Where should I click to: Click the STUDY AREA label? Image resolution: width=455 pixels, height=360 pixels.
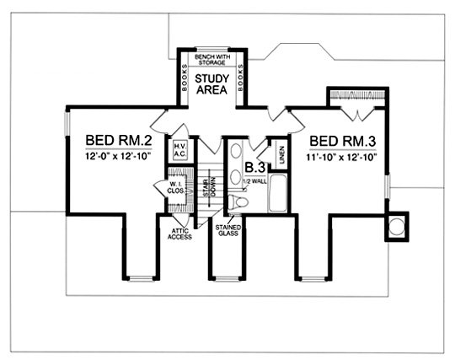[211, 84]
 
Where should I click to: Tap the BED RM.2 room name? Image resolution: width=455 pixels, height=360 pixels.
[119, 141]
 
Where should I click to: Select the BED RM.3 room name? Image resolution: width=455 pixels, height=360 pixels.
[343, 141]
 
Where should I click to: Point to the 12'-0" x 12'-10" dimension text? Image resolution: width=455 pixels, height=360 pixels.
[119, 157]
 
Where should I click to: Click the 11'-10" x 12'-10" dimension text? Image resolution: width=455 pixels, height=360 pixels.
[341, 158]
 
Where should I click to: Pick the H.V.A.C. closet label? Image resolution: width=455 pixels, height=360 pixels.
[180, 150]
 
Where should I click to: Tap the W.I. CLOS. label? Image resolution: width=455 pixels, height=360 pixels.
[175, 187]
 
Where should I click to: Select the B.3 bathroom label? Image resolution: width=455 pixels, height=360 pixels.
[255, 168]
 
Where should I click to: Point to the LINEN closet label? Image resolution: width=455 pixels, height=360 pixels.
[281, 155]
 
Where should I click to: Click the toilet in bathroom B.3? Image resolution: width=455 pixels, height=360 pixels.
[238, 201]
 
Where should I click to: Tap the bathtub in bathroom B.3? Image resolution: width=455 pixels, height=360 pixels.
[278, 193]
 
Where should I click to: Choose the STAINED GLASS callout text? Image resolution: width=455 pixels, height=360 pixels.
[228, 230]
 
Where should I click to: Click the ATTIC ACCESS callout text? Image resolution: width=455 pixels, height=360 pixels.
[180, 234]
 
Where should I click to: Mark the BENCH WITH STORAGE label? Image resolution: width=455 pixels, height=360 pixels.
[212, 60]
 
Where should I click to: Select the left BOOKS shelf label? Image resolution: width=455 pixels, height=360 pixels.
[184, 78]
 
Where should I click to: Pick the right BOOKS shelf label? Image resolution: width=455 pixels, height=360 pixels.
[240, 78]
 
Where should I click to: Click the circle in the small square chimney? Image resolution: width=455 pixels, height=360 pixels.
[396, 227]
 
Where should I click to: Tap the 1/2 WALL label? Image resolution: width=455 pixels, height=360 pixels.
[254, 182]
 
